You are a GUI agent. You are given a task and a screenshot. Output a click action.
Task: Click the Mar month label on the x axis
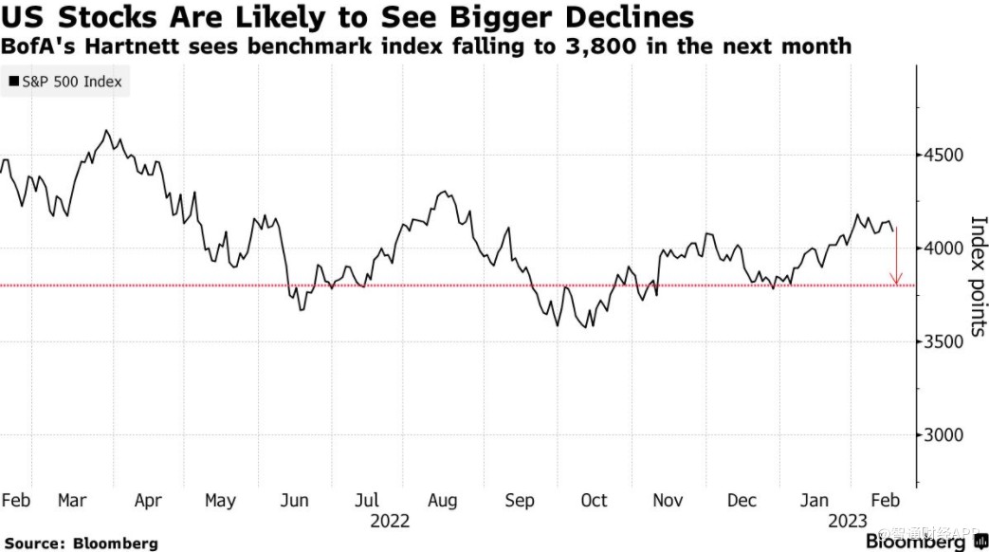click(72, 500)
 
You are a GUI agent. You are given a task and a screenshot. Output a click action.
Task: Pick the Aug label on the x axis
click(443, 500)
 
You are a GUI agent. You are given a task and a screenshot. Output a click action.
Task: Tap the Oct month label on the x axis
click(594, 500)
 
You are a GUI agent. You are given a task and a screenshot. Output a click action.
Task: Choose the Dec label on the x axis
click(742, 500)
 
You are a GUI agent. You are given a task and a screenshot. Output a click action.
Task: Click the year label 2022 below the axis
click(390, 522)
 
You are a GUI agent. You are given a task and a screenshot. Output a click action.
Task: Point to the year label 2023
click(848, 522)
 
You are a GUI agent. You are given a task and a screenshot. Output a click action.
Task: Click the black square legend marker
click(13, 82)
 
